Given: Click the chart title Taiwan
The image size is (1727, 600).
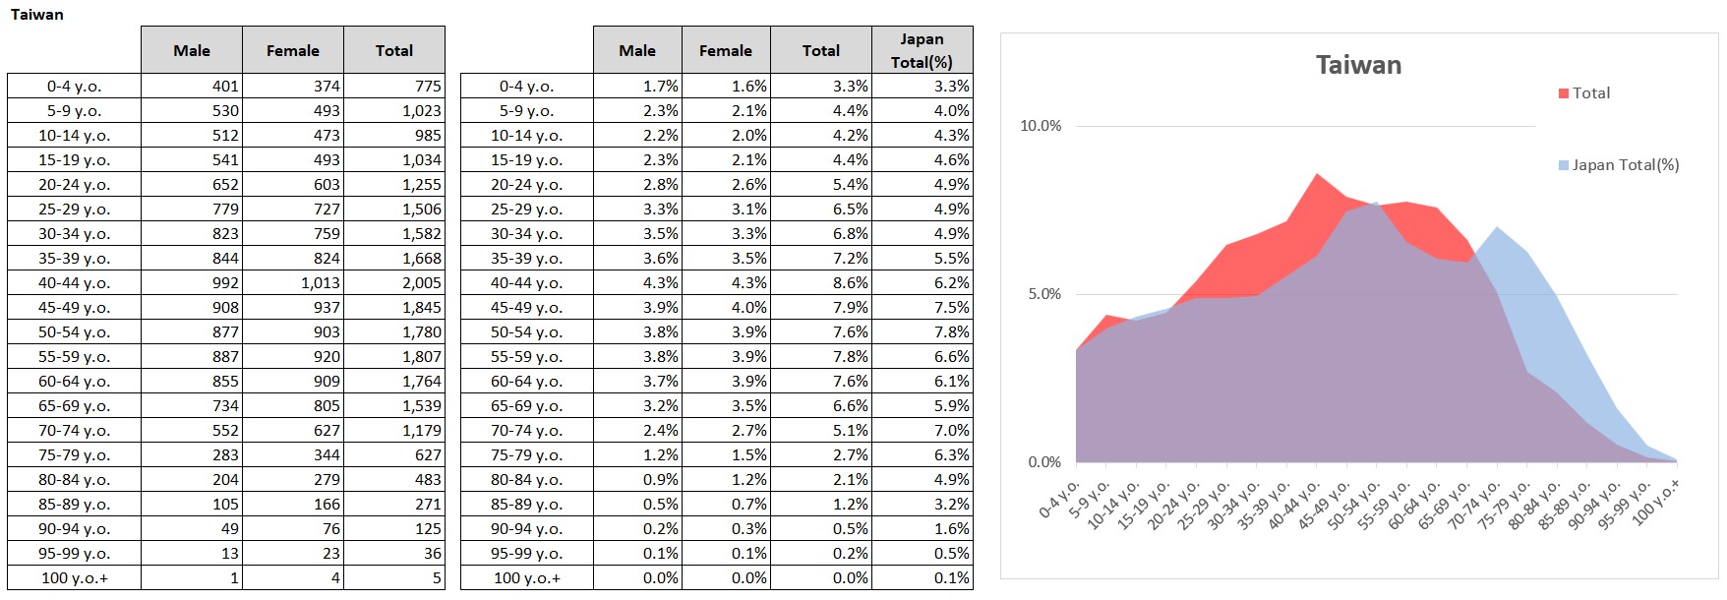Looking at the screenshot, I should point(1358,65).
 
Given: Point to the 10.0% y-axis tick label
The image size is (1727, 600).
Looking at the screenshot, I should point(1041,126).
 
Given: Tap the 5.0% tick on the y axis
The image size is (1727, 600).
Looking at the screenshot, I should point(1044,294).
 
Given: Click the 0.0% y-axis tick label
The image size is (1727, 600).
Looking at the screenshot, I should point(1044,462).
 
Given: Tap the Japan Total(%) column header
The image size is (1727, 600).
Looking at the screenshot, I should point(922,50).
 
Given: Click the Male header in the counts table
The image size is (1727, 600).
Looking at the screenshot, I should point(192,50).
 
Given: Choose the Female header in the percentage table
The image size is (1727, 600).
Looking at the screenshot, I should point(725,50).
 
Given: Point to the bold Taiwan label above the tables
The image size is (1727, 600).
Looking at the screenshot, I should point(36,14).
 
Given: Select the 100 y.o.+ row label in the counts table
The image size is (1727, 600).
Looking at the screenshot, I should point(75,578).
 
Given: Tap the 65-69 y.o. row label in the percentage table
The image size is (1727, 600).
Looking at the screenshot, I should point(526,406).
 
